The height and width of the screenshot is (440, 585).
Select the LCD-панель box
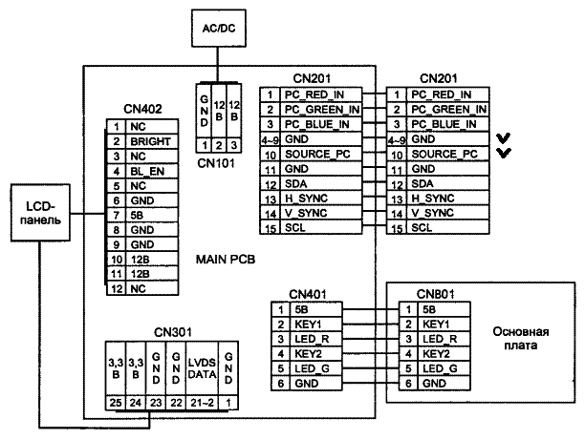(x=37, y=213)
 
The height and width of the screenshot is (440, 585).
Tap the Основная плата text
(x=520, y=339)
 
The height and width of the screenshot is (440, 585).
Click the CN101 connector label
(x=218, y=162)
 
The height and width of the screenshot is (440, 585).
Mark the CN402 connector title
(x=142, y=110)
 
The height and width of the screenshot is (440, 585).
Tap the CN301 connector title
(x=172, y=332)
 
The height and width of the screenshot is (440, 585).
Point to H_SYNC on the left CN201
(x=305, y=199)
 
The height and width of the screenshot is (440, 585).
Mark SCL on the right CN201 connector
(x=422, y=228)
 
